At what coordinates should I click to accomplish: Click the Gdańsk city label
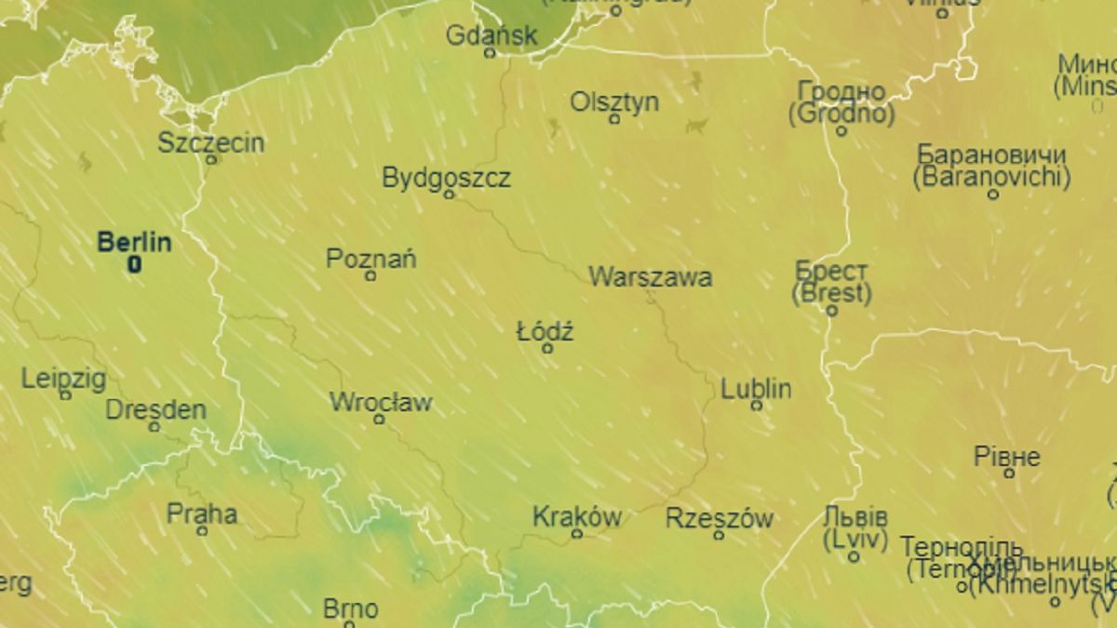[491, 35]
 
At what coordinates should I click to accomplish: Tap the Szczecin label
[210, 142]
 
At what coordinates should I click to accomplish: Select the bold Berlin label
[134, 243]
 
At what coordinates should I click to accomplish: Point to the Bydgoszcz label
[447, 178]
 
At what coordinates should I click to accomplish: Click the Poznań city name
[370, 259]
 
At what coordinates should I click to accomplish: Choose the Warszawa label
[651, 276]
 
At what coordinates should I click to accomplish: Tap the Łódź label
[545, 331]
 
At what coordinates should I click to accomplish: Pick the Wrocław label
[381, 403]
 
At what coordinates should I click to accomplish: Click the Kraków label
[577, 517]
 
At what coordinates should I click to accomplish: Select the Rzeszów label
[720, 518]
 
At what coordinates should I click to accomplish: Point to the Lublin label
[756, 388]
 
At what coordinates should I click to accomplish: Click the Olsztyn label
[614, 101]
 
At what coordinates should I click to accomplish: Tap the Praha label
[202, 514]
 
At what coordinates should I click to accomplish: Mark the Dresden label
[155, 409]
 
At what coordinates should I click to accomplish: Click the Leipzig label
[64, 379]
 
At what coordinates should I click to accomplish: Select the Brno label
[350, 609]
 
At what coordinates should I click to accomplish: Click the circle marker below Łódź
[547, 349]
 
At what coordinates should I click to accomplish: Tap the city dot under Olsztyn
[614, 119]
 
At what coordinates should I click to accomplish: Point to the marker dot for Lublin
[756, 406]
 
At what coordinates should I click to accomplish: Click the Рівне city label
[1007, 457]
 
